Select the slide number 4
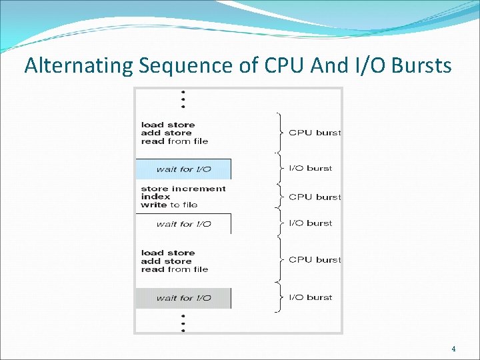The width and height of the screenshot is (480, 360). tap(453, 349)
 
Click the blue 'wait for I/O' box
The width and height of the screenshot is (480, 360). tap(183, 169)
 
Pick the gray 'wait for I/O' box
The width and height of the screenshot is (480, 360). tap(183, 298)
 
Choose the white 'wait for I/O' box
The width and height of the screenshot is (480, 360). tap(183, 224)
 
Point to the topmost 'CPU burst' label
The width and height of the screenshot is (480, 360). tap(314, 133)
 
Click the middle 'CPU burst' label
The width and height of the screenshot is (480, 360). tap(314, 197)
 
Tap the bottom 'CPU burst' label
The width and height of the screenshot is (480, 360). tap(314, 259)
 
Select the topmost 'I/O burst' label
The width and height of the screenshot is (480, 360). tap(310, 168)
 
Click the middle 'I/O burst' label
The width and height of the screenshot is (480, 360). tap(310, 223)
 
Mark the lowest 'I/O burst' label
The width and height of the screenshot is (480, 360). tap(310, 297)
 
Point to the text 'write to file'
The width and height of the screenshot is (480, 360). tap(169, 205)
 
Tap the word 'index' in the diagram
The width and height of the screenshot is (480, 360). tap(155, 197)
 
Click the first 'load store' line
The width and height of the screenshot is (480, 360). tap(168, 125)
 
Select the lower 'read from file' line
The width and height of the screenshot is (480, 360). tap(175, 269)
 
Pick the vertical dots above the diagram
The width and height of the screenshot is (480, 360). tap(183, 99)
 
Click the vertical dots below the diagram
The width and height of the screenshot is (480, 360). tap(183, 321)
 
